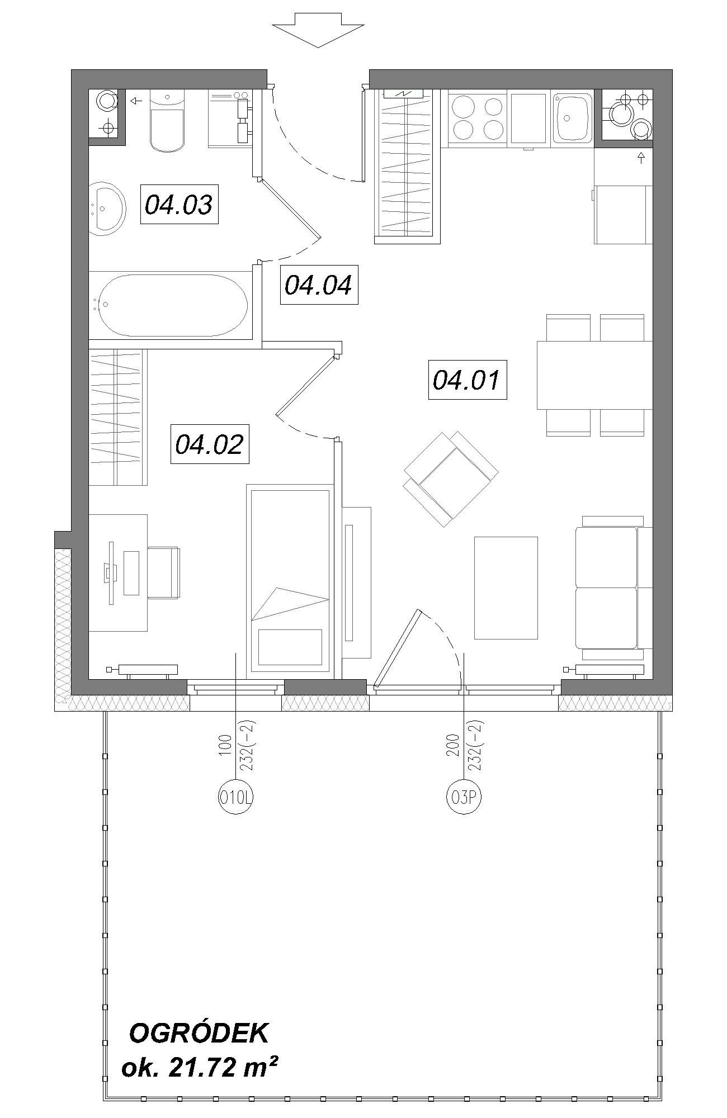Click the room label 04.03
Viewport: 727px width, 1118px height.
pyautogui.click(x=179, y=205)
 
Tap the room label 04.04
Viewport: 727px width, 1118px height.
pyautogui.click(x=319, y=285)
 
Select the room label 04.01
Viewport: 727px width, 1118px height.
pyautogui.click(x=467, y=380)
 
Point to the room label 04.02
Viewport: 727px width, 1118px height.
pyautogui.click(x=210, y=444)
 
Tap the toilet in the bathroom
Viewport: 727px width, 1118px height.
pyautogui.click(x=167, y=121)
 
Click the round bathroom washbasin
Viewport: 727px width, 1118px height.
pyautogui.click(x=107, y=207)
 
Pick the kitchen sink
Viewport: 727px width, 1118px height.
pyautogui.click(x=572, y=116)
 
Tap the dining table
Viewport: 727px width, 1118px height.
pyautogui.click(x=594, y=375)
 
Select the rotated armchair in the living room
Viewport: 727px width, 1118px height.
pyautogui.click(x=451, y=479)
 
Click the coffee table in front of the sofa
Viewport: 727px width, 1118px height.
pyautogui.click(x=506, y=588)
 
